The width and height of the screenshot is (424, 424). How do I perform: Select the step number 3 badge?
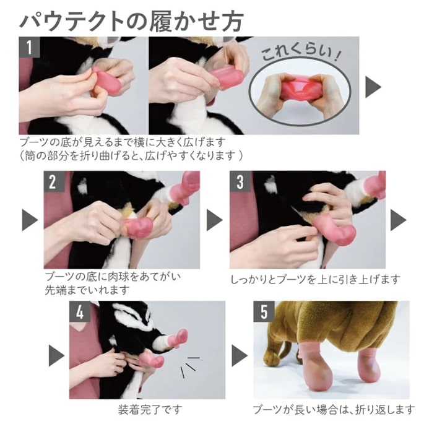(x=240, y=181)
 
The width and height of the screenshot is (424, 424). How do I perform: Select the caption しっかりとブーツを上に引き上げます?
(x=315, y=279)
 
